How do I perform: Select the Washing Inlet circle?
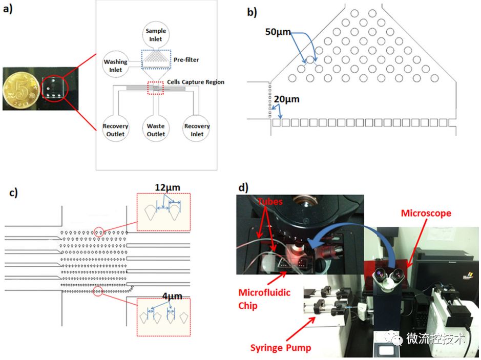tap(115, 66)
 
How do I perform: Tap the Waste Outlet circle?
tap(156, 130)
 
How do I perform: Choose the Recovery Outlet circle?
tap(115, 130)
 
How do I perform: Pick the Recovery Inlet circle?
tap(197, 130)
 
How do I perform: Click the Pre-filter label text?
tap(186, 60)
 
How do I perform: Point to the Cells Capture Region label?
tap(196, 82)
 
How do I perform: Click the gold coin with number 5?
tap(20, 90)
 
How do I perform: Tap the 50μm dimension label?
tap(278, 32)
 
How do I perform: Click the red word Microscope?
tap(426, 213)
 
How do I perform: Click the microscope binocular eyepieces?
tap(388, 277)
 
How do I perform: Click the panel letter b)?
tap(252, 12)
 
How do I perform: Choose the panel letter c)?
tap(13, 192)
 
